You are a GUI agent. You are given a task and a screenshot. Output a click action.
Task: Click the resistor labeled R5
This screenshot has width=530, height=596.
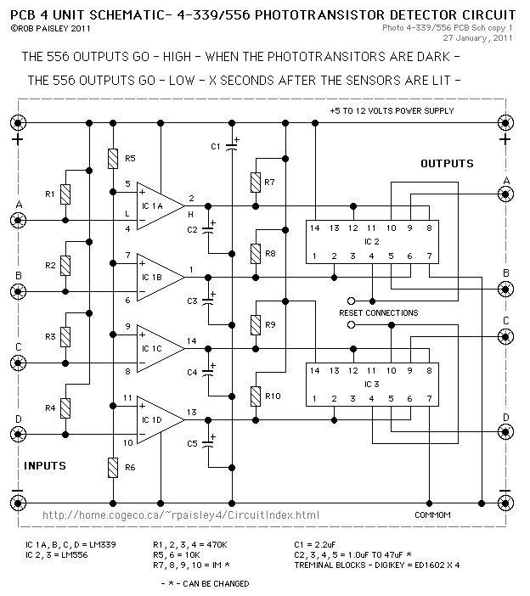click(113, 158)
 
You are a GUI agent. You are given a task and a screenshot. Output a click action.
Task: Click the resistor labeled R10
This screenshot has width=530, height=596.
click(255, 396)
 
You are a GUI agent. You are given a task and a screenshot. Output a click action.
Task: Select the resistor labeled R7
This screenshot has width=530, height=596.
click(255, 182)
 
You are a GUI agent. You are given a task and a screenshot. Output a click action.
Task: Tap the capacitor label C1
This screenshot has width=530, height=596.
click(216, 147)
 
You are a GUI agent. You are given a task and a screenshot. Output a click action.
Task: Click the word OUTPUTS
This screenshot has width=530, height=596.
click(447, 163)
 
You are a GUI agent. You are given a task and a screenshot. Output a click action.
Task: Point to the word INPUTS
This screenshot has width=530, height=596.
click(45, 465)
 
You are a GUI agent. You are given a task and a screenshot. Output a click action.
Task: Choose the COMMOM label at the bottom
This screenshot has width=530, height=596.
click(431, 515)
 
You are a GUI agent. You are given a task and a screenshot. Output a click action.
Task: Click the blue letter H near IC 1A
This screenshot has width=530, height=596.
click(190, 214)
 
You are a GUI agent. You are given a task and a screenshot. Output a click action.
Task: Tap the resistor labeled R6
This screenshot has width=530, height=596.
click(113, 467)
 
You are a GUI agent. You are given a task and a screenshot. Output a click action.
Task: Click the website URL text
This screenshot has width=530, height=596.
click(181, 514)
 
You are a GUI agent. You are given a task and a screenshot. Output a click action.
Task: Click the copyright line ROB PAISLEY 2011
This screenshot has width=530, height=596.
click(43, 28)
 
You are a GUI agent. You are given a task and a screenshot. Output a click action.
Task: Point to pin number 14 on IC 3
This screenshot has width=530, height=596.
click(314, 370)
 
